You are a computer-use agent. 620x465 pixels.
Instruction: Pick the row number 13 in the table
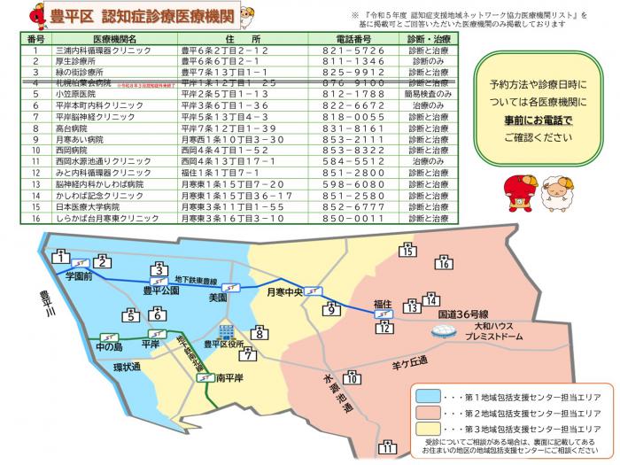pyautogui.click(x=35, y=184)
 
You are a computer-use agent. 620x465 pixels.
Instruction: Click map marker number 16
pyautogui.click(x=445, y=263)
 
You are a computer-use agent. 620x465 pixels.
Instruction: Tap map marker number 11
pyautogui.click(x=386, y=446)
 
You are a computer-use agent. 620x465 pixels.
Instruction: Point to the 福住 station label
pyautogui.click(x=382, y=304)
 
